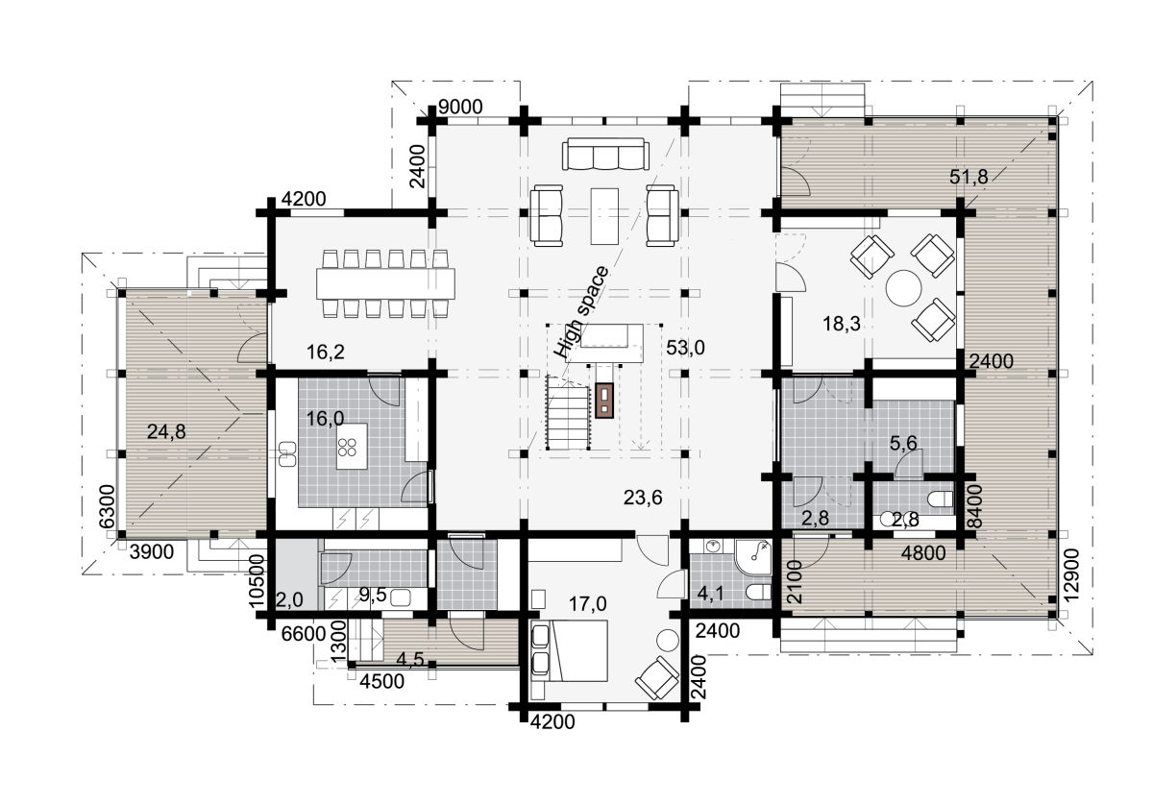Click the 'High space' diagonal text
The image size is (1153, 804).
coord(580,312)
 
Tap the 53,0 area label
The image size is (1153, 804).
coord(685,348)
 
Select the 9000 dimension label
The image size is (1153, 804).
coord(460,107)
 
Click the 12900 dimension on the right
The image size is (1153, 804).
coord(1070,575)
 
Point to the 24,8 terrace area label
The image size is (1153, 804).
coord(166,432)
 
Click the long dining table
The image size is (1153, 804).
coord(385,283)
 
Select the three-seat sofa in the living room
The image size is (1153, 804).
coord(605,154)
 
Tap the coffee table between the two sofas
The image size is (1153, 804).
coord(604,216)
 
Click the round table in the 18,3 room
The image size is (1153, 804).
coord(903,289)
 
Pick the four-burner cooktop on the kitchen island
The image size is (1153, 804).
coord(348,447)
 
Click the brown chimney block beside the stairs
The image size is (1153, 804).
coord(604,401)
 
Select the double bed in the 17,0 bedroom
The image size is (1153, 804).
coord(576,650)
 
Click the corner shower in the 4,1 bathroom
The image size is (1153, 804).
coord(754,556)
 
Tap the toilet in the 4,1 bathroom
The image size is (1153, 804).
coord(759,592)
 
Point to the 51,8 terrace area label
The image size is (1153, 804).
coord(969,177)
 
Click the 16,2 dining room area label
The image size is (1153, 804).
coord(326,353)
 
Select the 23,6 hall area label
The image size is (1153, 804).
coord(643,498)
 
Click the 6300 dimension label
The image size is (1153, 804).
coord(107,506)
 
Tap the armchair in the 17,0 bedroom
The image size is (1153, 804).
coord(657,678)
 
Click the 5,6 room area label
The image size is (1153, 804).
coord(903,443)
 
